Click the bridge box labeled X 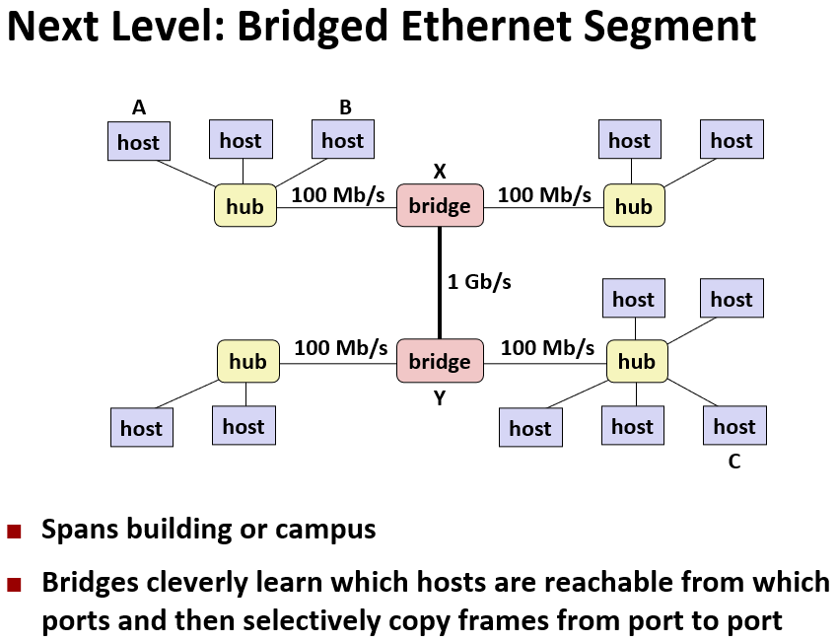440,206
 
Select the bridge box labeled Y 440,361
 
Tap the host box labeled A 138,142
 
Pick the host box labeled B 342,140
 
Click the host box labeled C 733,426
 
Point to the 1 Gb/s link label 479,282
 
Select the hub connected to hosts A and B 244,206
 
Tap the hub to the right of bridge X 633,206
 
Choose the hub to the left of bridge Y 247,361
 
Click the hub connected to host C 636,361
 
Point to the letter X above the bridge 440,172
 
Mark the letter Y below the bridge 440,397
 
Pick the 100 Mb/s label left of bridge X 338,194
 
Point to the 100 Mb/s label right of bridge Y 547,347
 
